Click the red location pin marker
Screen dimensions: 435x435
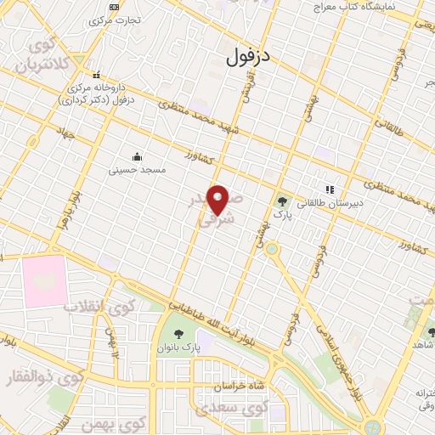219,199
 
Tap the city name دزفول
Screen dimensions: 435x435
249,57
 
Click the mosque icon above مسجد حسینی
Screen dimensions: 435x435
136,156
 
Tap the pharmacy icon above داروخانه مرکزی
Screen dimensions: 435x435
96,74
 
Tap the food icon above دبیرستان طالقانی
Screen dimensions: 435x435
330,189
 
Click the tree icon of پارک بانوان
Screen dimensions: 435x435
178,334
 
